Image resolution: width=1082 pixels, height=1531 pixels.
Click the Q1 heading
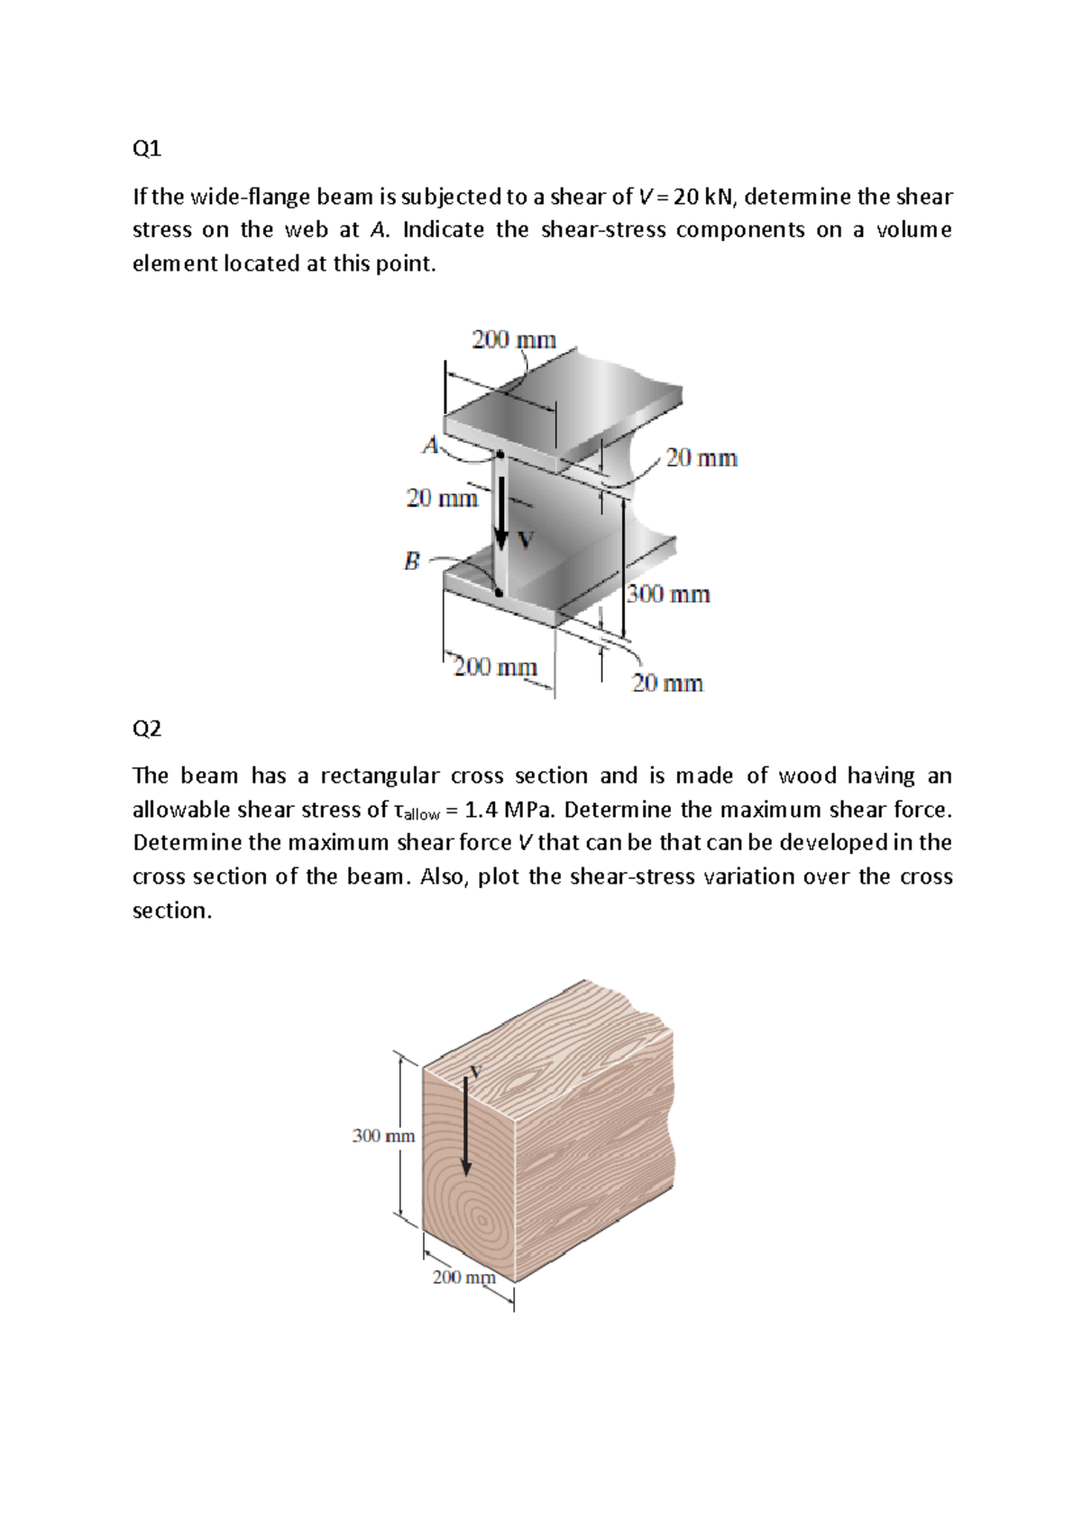pos(146,149)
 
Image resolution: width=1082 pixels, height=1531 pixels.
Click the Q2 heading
pos(146,729)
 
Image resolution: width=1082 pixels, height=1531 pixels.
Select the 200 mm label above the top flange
pos(514,340)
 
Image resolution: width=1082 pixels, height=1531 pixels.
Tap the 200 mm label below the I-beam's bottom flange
pos(495,667)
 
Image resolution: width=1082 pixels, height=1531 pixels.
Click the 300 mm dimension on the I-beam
pos(668,594)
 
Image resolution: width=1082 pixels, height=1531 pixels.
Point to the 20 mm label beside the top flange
pos(701,458)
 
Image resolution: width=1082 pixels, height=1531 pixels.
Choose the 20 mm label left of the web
pos(442,498)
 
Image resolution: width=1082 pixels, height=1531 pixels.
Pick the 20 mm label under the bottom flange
pos(667,683)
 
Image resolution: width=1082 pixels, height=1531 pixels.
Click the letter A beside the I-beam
pos(431,445)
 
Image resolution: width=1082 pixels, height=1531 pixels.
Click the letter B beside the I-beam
pos(412,562)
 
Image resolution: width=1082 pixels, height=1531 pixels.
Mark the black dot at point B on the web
pos(499,592)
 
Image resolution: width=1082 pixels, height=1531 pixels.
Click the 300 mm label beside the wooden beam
pos(383,1136)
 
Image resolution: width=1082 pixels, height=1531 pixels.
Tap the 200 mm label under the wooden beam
pos(463,1277)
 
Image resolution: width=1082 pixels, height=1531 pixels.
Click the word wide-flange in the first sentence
pos(240,197)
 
